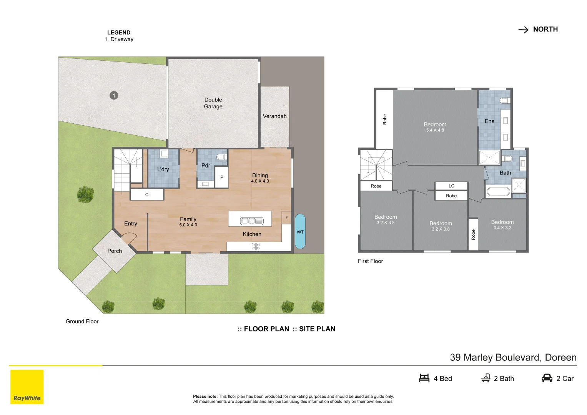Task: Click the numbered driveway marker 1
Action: pyautogui.click(x=114, y=95)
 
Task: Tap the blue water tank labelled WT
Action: pyautogui.click(x=300, y=231)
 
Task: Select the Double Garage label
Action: pyautogui.click(x=213, y=103)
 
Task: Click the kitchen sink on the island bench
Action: pyautogui.click(x=252, y=221)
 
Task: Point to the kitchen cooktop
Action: pyautogui.click(x=256, y=246)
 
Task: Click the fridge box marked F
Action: pyautogui.click(x=286, y=217)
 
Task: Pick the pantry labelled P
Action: pyautogui.click(x=222, y=177)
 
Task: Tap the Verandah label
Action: pyautogui.click(x=274, y=116)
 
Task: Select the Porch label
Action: pyautogui.click(x=115, y=251)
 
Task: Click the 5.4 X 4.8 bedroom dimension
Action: pyautogui.click(x=435, y=130)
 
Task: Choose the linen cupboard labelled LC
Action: pyautogui.click(x=451, y=186)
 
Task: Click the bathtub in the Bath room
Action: pyautogui.click(x=499, y=191)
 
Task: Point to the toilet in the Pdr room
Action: pyautogui.click(x=221, y=157)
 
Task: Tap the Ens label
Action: pyautogui.click(x=489, y=121)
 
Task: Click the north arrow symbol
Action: pyautogui.click(x=524, y=30)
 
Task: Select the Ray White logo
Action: pyautogui.click(x=27, y=387)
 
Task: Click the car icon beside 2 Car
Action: pyautogui.click(x=547, y=378)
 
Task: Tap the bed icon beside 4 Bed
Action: pyautogui.click(x=424, y=378)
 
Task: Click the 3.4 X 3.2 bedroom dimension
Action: pyautogui.click(x=502, y=228)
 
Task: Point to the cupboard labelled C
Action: pyautogui.click(x=147, y=195)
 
